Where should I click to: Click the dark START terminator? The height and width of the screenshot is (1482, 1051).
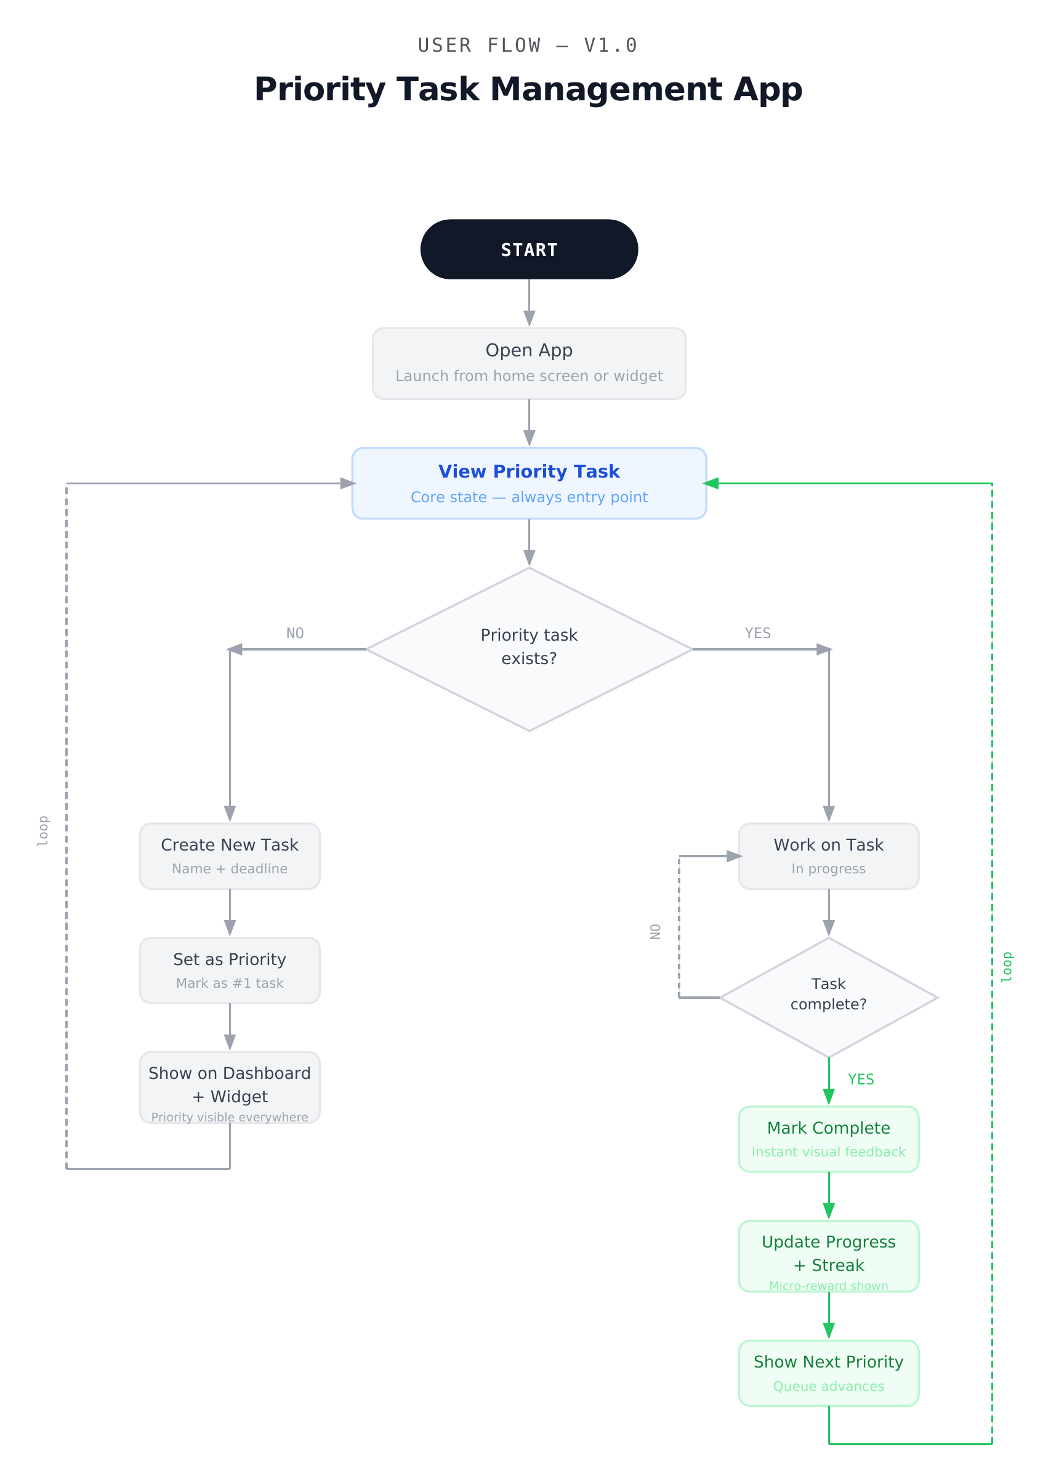point(529,249)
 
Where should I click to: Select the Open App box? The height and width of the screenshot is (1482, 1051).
point(529,363)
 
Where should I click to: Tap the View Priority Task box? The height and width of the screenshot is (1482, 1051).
point(529,483)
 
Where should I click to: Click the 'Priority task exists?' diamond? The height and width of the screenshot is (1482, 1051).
point(529,649)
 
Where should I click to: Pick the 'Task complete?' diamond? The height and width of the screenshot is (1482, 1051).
point(828,997)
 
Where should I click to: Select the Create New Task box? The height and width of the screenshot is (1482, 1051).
point(230,855)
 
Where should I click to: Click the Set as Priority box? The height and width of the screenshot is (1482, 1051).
point(230,970)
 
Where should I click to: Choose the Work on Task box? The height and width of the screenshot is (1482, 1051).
point(828,855)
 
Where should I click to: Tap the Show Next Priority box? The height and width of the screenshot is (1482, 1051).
point(828,1372)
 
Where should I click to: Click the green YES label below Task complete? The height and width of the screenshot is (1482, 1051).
point(861,1079)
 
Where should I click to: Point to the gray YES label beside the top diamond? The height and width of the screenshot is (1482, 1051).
point(757,633)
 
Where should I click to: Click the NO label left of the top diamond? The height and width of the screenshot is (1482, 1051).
point(295,633)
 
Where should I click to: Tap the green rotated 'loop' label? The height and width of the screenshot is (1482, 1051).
point(1007,966)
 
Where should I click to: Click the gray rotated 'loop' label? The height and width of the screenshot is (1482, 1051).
point(43,831)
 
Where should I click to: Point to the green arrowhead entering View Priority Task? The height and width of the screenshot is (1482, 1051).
point(711,483)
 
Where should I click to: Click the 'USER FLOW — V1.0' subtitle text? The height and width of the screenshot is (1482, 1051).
point(528,46)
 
